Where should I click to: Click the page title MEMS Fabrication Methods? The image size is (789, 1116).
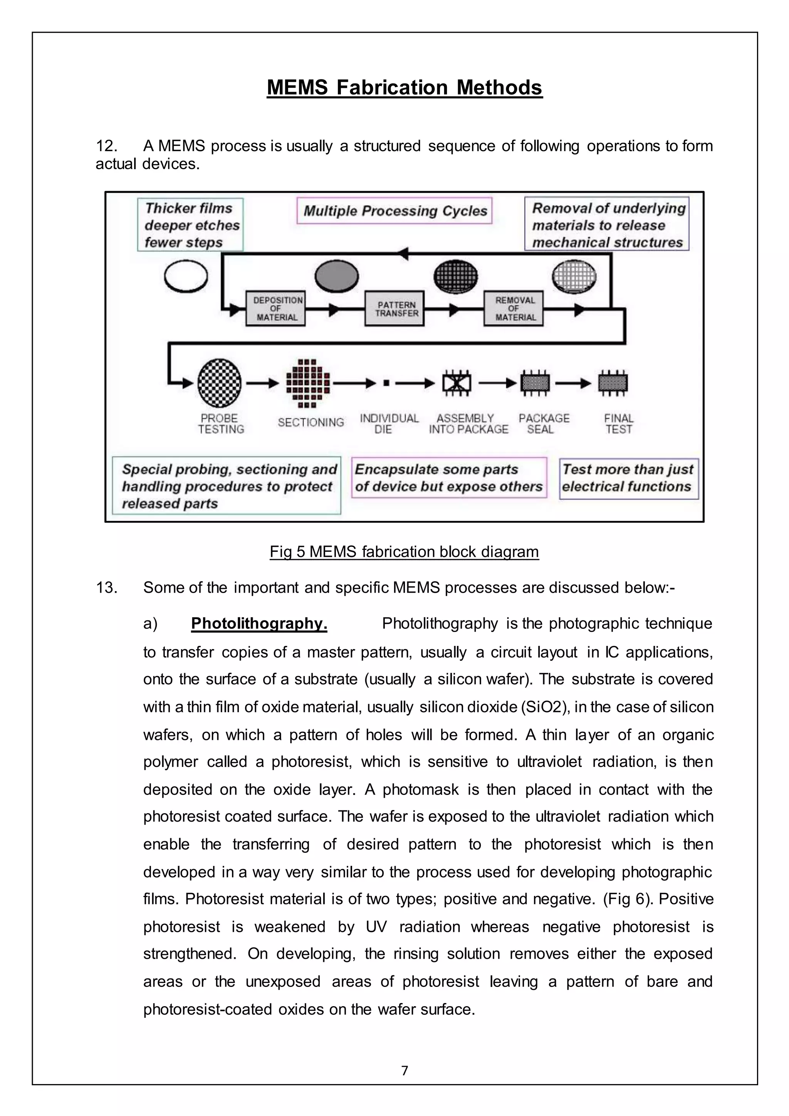tap(404, 87)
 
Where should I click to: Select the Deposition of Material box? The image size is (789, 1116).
tap(275, 309)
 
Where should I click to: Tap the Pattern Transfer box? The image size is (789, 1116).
tap(395, 309)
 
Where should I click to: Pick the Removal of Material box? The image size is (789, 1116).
tap(514, 309)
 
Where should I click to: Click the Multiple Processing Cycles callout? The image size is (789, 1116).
tap(394, 210)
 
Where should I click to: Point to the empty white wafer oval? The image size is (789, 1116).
tap(186, 276)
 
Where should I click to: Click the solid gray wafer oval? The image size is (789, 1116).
tap(337, 276)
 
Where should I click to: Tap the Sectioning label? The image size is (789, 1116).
tap(311, 422)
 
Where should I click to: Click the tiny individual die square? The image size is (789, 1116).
tap(386, 383)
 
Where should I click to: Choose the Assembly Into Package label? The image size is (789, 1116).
tap(468, 424)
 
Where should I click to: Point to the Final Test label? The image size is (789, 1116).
tap(618, 424)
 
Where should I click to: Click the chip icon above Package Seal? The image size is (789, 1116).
tap(535, 383)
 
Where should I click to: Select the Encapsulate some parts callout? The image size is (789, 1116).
tap(448, 478)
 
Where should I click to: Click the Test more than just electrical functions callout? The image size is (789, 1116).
tap(628, 478)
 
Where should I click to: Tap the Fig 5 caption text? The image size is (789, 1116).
tap(404, 552)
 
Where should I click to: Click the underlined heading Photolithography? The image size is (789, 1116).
tap(259, 623)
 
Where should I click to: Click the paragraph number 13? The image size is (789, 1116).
tap(106, 588)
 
